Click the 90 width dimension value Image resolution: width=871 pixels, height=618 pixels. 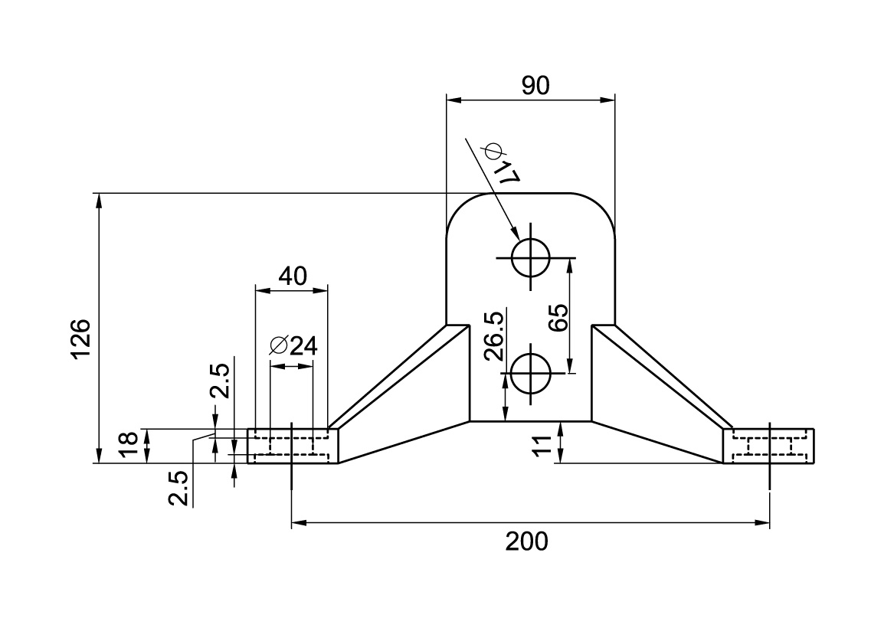click(x=535, y=85)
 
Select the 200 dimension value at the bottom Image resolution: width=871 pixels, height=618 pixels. click(x=526, y=541)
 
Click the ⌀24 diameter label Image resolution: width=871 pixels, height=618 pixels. click(x=293, y=345)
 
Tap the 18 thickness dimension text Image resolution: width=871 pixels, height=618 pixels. click(x=128, y=445)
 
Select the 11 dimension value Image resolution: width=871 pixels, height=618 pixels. click(x=542, y=445)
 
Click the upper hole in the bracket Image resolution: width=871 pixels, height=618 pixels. click(x=530, y=257)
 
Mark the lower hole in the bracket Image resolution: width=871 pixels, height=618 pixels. click(x=530, y=373)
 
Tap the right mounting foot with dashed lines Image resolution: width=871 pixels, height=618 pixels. click(x=768, y=446)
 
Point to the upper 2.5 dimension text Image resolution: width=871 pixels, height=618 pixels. click(x=220, y=381)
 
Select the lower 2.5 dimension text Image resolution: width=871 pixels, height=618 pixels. click(x=178, y=489)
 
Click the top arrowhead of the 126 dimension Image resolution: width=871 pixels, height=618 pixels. click(x=99, y=201)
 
